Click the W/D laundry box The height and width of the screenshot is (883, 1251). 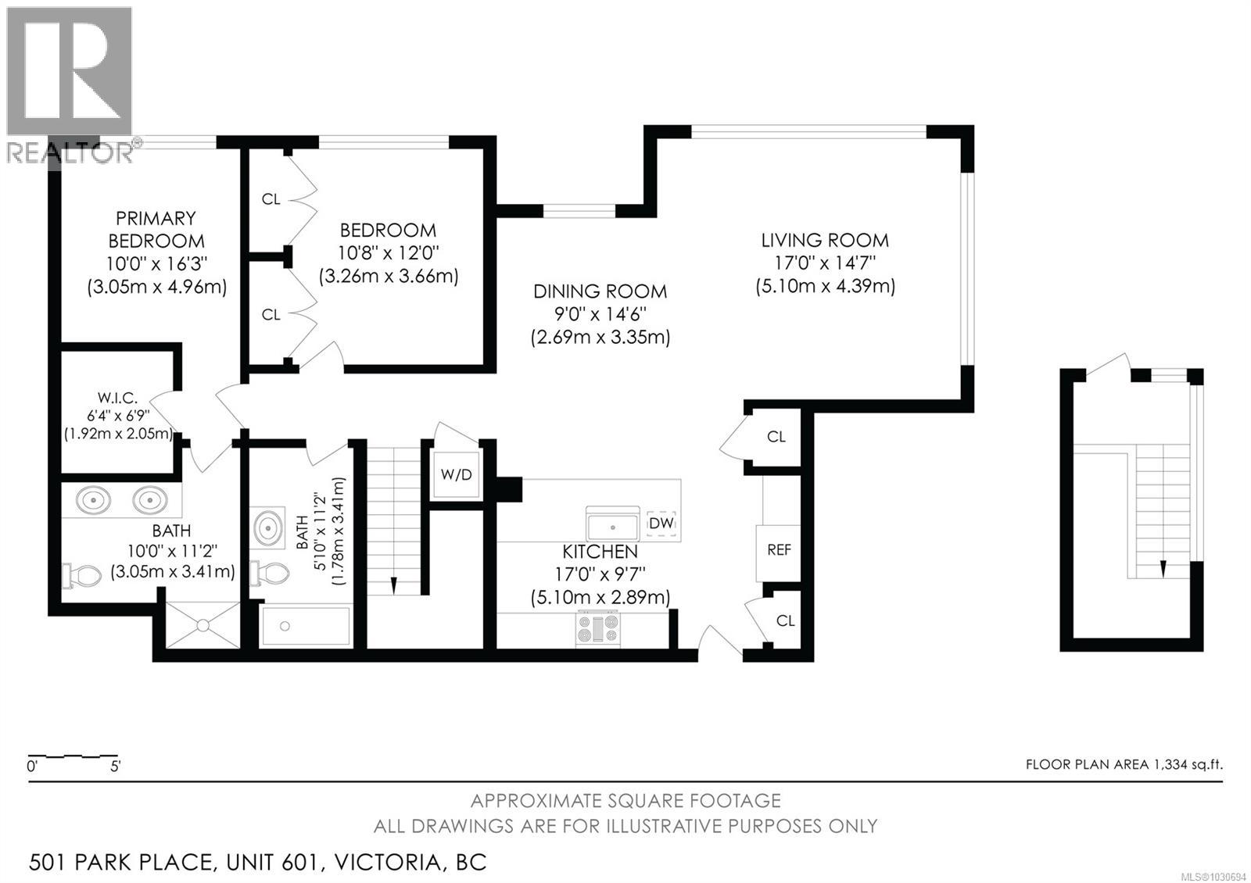[x=457, y=474]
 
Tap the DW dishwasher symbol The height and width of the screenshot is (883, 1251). [x=661, y=523]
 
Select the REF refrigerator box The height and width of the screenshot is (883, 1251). [x=779, y=550]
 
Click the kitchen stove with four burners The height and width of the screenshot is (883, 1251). [x=598, y=629]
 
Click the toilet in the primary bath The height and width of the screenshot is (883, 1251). [x=83, y=576]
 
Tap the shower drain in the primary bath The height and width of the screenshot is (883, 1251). [x=203, y=625]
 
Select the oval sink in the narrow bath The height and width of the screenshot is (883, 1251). [x=268, y=528]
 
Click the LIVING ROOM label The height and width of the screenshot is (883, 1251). [x=825, y=240]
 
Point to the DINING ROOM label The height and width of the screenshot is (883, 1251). [x=600, y=291]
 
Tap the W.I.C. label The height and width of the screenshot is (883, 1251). [x=118, y=398]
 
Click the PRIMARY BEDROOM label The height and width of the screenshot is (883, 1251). [x=156, y=229]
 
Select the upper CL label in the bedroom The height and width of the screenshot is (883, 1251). [x=271, y=199]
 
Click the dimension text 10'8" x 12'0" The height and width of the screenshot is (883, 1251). [x=389, y=253]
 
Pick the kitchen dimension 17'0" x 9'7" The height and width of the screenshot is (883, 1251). [x=600, y=574]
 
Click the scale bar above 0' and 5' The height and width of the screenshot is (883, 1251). [x=73, y=756]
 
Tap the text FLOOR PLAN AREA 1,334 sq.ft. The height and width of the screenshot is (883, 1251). [x=1124, y=764]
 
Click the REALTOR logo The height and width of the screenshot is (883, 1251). [x=69, y=84]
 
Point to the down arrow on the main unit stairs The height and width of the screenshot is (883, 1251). [x=393, y=585]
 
